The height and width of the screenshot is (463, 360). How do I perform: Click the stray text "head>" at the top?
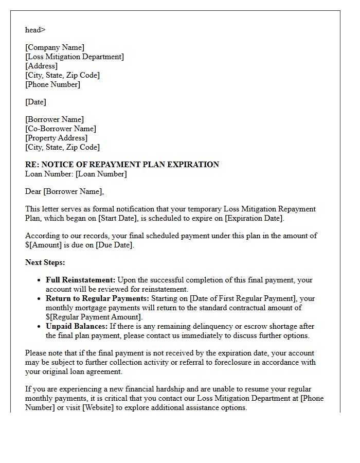click(35, 30)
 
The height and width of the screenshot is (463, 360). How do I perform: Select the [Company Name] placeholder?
click(55, 48)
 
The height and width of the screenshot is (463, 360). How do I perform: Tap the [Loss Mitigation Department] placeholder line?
click(74, 57)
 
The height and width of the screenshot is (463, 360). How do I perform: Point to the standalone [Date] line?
click(35, 102)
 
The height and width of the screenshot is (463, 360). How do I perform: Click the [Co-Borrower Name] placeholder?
click(61, 129)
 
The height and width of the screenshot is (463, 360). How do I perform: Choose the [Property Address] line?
click(56, 138)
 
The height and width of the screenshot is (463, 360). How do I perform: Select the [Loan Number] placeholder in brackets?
click(101, 174)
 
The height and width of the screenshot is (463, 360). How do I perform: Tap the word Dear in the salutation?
click(33, 192)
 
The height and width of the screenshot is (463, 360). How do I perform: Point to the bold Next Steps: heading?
click(45, 262)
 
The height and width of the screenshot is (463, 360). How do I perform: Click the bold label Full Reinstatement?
click(81, 280)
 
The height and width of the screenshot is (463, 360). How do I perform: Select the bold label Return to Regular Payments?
click(98, 298)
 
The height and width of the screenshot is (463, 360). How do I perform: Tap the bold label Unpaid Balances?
click(77, 326)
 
